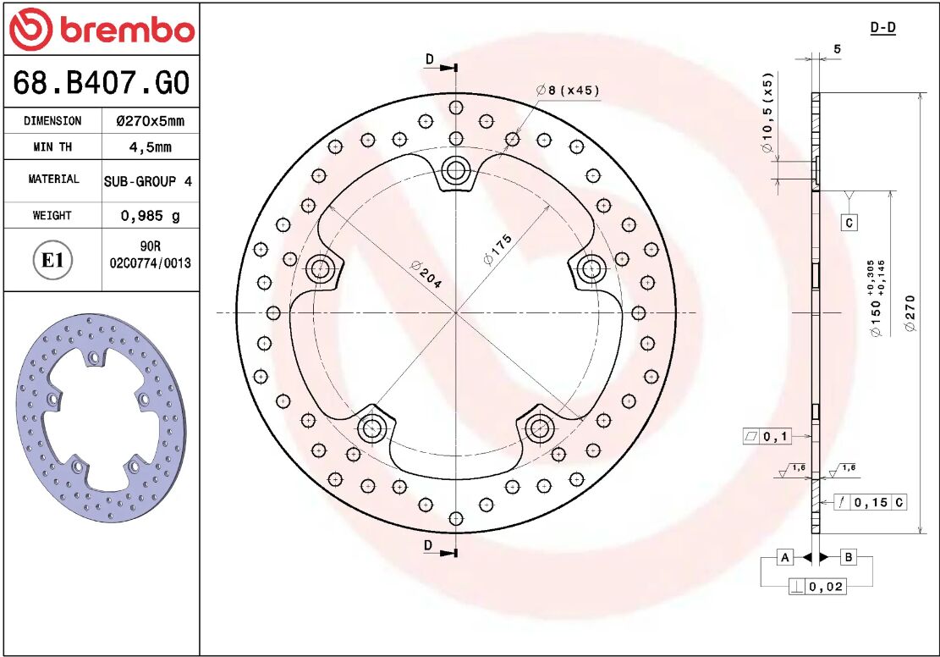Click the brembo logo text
coord(125,30)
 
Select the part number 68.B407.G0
coord(101,83)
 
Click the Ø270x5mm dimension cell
coord(150,121)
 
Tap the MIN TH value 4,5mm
coord(150,147)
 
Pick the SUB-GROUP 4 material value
coord(148,181)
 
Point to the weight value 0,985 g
coord(150,216)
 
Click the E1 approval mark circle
coord(52,260)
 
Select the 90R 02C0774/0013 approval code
coord(150,254)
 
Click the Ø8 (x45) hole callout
coord(568,91)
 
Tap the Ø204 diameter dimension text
coord(426,274)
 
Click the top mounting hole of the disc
coord(456,171)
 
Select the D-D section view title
coord(882,28)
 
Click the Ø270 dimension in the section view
coord(910,313)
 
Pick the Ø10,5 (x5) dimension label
coord(767,113)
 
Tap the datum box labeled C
coord(849,223)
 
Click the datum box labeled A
coord(785,557)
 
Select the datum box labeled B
coord(848,557)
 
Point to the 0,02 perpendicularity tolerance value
coord(826,587)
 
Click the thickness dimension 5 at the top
coord(837,48)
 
